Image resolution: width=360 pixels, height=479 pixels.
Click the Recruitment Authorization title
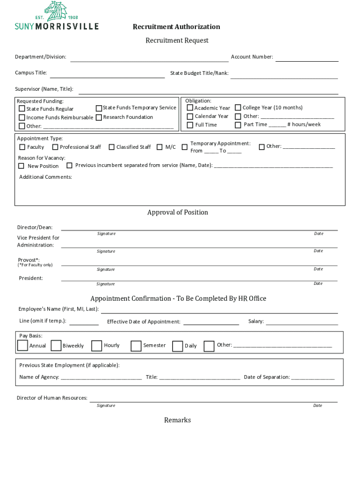pyautogui.click(x=176, y=27)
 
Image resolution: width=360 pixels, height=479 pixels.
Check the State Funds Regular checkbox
pyautogui.click(x=22, y=109)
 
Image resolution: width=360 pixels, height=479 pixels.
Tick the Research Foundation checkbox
pyautogui.click(x=99, y=117)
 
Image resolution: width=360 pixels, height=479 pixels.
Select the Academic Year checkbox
pyautogui.click(x=190, y=108)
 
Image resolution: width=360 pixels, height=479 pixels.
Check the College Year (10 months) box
pyautogui.click(x=238, y=108)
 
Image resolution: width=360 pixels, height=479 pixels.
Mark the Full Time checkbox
pyautogui.click(x=190, y=125)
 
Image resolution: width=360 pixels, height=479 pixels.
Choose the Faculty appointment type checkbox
pyautogui.click(x=21, y=147)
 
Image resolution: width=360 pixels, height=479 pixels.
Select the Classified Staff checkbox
pyautogui.click(x=111, y=147)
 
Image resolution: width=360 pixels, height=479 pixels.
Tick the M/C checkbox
pyautogui.click(x=159, y=147)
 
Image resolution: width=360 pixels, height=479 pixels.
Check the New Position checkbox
pyautogui.click(x=21, y=166)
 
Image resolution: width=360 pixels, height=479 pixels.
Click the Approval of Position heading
pyautogui.click(x=178, y=212)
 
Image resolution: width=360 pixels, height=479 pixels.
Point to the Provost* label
pyautogui.click(x=29, y=260)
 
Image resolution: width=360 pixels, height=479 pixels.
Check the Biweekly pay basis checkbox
pyautogui.click(x=56, y=346)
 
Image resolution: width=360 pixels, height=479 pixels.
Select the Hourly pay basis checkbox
pyautogui.click(x=96, y=346)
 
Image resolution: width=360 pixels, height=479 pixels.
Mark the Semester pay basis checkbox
pyautogui.click(x=136, y=346)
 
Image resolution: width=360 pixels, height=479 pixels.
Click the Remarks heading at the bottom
pyautogui.click(x=177, y=420)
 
